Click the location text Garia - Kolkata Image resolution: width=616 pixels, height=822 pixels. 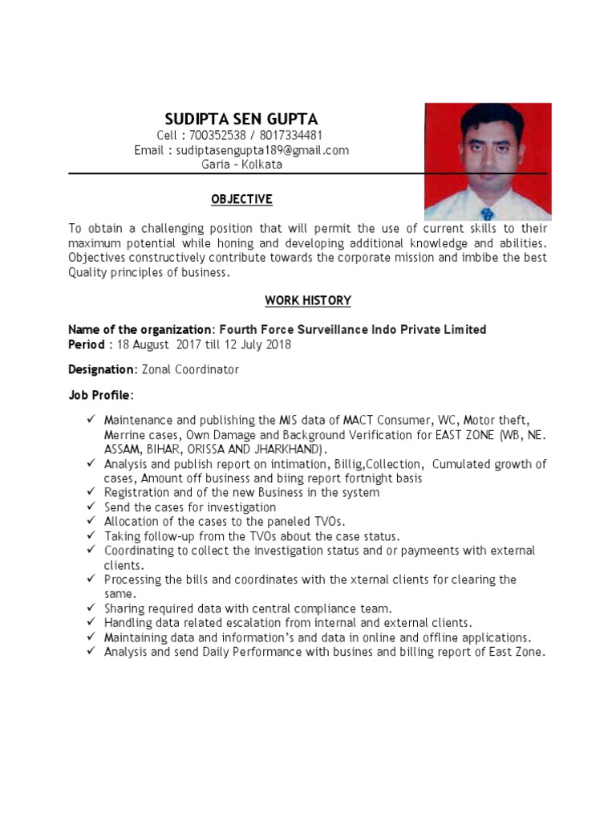[241, 164]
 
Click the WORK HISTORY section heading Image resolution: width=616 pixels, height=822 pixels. [308, 300]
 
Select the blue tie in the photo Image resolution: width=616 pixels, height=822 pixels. [487, 214]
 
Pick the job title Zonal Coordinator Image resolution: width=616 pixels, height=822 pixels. [189, 369]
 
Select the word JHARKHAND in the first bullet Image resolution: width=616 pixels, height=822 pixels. [290, 449]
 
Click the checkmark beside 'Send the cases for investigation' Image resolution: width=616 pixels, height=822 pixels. [91, 507]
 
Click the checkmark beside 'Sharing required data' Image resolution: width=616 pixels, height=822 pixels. [91, 608]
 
